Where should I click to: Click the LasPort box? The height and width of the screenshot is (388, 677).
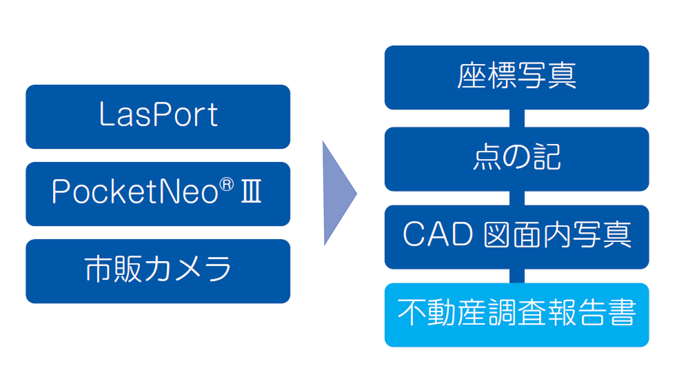pyautogui.click(x=158, y=116)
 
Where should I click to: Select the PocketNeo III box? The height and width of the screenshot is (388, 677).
pyautogui.click(x=158, y=194)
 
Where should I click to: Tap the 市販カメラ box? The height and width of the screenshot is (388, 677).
pyautogui.click(x=158, y=271)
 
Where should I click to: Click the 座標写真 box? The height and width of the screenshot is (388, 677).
pyautogui.click(x=517, y=77)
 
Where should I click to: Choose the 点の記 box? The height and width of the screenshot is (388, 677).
pyautogui.click(x=517, y=159)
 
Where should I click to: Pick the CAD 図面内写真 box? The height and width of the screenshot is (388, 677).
pyautogui.click(x=517, y=237)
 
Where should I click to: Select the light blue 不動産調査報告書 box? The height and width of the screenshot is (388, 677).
pyautogui.click(x=517, y=315)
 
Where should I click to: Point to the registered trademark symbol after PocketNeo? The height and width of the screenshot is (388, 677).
pyautogui.click(x=227, y=185)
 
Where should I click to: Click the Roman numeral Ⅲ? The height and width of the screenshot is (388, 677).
pyautogui.click(x=251, y=192)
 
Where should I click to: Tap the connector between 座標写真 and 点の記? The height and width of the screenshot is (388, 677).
pyautogui.click(x=517, y=119)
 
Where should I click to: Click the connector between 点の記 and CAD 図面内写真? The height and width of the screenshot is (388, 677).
pyautogui.click(x=517, y=198)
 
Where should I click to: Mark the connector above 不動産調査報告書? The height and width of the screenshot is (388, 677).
pyautogui.click(x=517, y=276)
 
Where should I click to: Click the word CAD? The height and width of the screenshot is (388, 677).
pyautogui.click(x=438, y=234)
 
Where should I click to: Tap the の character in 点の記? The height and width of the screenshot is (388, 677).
pyautogui.click(x=516, y=156)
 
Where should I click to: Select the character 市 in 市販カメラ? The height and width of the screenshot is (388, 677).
pyautogui.click(x=99, y=269)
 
